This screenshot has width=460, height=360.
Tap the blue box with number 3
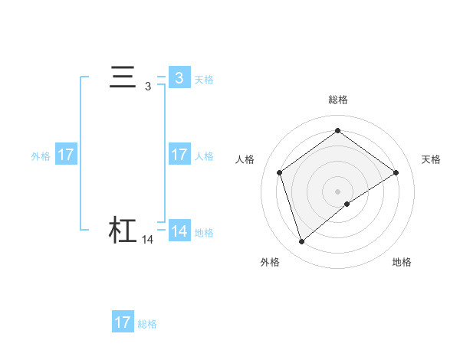pos(179,77)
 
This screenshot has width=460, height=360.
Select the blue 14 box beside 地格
pos(179,231)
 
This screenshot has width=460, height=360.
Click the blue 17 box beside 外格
pos(66,155)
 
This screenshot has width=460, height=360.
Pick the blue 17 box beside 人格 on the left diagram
pos(179,155)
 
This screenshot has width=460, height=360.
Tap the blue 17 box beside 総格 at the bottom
pos(123,322)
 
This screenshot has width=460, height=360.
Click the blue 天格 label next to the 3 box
pos(204,80)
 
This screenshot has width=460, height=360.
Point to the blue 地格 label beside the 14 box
pos(204,233)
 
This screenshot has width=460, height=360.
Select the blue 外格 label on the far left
pos(41,156)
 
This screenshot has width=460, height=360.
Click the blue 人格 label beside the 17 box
pos(204,156)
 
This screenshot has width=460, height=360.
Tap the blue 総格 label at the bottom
pos(147,324)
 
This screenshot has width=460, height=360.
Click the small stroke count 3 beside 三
pos(147,87)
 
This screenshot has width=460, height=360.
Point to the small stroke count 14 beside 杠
pos(148,240)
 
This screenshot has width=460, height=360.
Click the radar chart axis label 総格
pos(337,100)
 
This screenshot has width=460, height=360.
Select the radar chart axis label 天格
pos(431,159)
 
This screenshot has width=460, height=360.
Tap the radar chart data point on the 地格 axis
pos(347,204)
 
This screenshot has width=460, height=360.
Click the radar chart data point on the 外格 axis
pos(301,242)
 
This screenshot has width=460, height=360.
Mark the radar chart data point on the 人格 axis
pos(279,172)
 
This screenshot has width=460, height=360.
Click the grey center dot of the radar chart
pos(337,191)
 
